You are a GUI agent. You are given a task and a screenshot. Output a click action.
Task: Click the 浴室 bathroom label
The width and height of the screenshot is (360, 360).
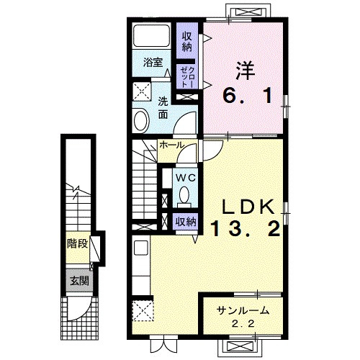pos(153,63)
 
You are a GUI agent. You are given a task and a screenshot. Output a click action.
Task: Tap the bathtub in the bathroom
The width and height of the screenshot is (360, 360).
pos(152,36)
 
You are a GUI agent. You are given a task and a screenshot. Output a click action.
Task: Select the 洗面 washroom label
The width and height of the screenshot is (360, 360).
pos(163,109)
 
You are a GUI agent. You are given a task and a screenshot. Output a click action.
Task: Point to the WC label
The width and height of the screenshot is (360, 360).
pos(186,178)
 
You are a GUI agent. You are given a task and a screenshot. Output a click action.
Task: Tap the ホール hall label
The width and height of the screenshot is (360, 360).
pos(171,145)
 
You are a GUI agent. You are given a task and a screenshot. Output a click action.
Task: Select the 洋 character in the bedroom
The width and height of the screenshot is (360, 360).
pos(246,71)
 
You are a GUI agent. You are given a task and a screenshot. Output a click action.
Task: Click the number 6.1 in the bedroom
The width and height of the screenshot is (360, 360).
pos(248,95)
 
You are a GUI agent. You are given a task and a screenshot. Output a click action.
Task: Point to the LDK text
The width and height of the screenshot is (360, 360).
pos(248,207)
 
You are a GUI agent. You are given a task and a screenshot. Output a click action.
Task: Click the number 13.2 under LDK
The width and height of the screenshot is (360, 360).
pos(246,228)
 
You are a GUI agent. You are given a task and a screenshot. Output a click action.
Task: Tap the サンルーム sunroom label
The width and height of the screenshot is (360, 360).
pos(243,311)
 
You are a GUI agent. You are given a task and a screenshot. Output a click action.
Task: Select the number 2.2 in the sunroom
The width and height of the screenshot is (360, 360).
pos(243,324)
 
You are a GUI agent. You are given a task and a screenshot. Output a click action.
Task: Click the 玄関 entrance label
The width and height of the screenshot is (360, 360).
pos(79,281)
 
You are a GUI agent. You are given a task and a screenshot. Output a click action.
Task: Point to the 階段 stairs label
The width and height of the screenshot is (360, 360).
pos(78,244)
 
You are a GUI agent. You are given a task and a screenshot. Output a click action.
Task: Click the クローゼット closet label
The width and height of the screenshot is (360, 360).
pos(187,76)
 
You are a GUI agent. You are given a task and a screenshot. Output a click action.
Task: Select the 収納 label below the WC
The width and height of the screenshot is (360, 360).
pos(186,222)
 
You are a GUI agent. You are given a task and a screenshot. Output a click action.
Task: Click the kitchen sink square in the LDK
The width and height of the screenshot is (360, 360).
pos(140,248)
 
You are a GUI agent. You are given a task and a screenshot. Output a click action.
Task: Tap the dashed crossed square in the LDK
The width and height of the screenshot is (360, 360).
pos(143,310)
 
